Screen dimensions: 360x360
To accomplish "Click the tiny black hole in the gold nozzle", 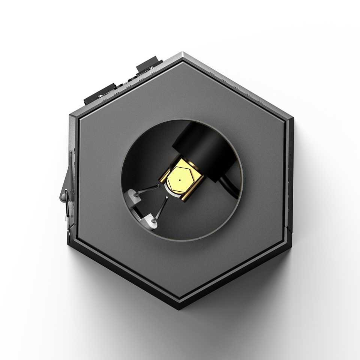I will pyautogui.click(x=180, y=180).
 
